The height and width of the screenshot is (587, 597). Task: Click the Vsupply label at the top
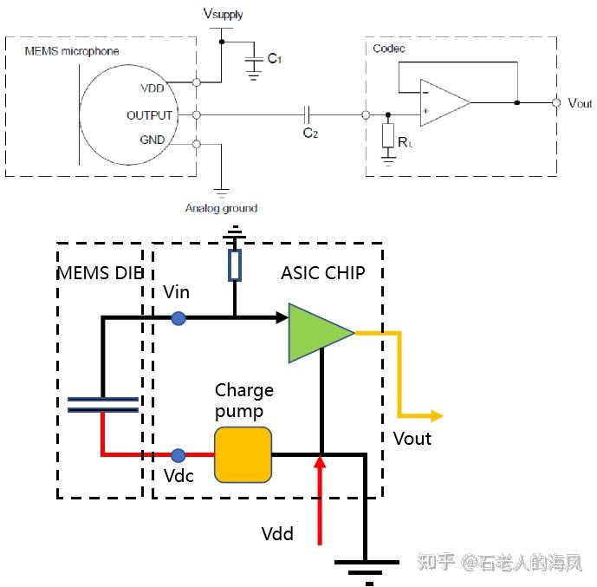point(223,14)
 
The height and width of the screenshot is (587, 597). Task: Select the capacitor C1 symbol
point(253,60)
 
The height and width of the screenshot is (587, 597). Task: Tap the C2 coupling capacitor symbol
point(308,114)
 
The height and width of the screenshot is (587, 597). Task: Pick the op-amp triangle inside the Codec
point(443,101)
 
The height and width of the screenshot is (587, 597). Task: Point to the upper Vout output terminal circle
point(555,102)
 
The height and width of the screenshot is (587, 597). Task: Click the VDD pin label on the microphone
point(152,88)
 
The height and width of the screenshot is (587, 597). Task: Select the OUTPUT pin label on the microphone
point(149,115)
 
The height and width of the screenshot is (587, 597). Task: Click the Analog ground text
point(221,208)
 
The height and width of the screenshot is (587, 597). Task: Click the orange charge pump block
point(243,454)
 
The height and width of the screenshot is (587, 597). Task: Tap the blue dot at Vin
point(178,318)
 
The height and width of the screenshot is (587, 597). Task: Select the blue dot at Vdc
point(178,454)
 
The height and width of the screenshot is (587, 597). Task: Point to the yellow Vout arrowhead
point(434,416)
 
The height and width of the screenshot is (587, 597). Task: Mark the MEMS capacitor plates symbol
point(102,404)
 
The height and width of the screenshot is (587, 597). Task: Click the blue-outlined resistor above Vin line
point(235,266)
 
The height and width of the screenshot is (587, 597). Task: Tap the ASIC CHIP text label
point(322,273)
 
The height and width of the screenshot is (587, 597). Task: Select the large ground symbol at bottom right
point(366,568)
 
